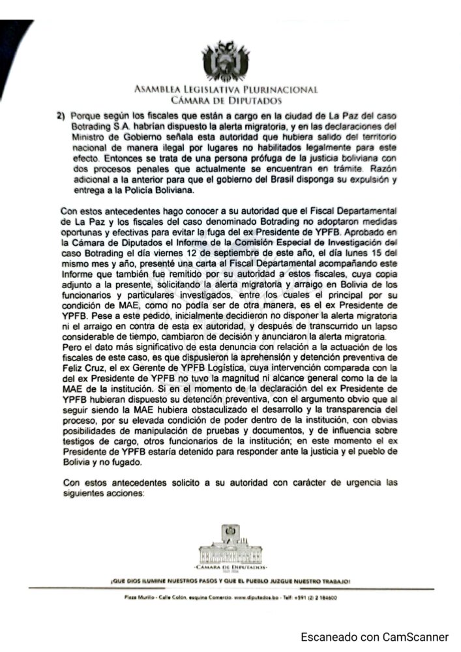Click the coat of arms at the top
[x=225, y=61]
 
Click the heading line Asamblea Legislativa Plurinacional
[x=226, y=90]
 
